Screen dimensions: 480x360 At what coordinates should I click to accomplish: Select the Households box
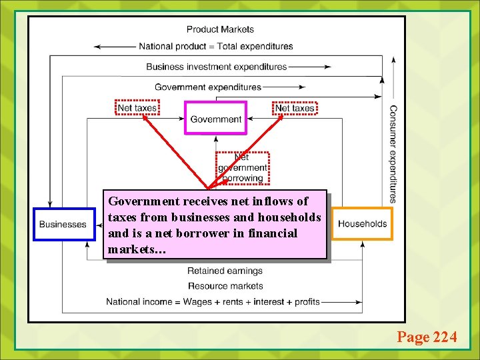tap(362, 223)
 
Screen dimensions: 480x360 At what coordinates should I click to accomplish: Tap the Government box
tap(215, 119)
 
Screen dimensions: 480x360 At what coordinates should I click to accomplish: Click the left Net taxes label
tap(137, 107)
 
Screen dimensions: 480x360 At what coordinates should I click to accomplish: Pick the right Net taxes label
tap(295, 107)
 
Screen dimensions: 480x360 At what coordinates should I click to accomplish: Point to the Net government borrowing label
tap(243, 167)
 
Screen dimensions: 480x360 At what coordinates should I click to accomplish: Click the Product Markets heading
tap(220, 29)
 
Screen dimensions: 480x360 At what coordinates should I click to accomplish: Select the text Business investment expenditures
tap(216, 67)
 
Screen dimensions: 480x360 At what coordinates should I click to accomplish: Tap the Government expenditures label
tap(208, 87)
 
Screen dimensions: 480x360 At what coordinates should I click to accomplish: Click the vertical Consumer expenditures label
tap(393, 153)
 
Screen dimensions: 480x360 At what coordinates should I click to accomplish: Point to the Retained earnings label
tap(225, 271)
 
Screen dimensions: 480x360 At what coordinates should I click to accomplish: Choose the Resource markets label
tap(225, 286)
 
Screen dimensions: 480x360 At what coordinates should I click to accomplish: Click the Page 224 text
tap(427, 337)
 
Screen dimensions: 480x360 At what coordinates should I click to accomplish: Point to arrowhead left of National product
tap(99, 47)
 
